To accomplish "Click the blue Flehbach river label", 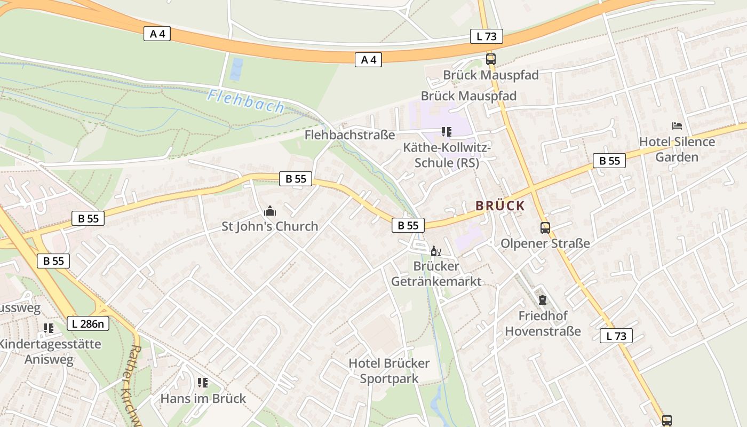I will point(246,101).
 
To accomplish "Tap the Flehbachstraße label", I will point(349,135).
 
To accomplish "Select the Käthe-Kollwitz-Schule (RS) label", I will point(447,155).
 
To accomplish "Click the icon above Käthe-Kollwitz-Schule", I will point(447,131).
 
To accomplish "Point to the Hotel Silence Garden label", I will point(677,149).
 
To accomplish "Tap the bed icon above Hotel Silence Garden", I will point(677,126).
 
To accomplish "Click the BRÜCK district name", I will point(500,205).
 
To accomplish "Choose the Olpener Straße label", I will point(545,243).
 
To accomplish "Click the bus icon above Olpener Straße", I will point(545,228).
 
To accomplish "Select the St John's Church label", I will point(269,226).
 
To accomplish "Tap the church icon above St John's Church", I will point(270,211).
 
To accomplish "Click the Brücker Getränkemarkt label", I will point(436,273).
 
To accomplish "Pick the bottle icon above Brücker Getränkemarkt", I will point(435,251).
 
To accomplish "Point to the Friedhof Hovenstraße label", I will point(543,323).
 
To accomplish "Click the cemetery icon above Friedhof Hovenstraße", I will point(543,300).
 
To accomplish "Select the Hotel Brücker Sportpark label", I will point(389,371).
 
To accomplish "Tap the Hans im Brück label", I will point(203,398).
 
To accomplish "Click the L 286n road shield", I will point(88,323).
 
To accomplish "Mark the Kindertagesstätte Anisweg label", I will point(50,351).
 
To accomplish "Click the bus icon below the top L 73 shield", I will point(490,59).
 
